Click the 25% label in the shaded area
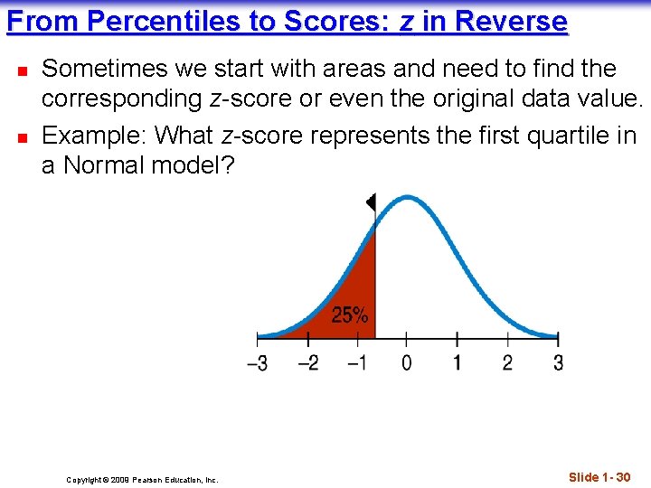point(350,315)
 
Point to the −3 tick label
point(258,364)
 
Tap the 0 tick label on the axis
point(407,363)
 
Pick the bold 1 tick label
point(457,363)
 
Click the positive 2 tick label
point(507,363)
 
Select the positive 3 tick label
point(557,363)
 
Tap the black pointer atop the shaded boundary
point(371,203)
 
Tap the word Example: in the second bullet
point(95,136)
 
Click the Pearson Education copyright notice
point(142,480)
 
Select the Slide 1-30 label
point(599,476)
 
